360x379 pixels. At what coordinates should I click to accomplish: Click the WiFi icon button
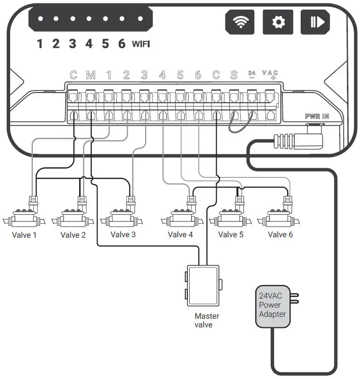click(240, 22)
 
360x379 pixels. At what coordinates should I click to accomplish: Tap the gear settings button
click(277, 22)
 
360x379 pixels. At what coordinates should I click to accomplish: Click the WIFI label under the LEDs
click(141, 44)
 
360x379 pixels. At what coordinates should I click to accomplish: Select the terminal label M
click(91, 75)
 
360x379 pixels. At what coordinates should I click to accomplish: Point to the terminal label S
click(234, 75)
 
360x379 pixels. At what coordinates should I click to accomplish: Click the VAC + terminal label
click(270, 75)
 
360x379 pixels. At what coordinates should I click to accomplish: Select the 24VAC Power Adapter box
click(273, 307)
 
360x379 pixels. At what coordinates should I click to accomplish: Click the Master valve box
click(203, 285)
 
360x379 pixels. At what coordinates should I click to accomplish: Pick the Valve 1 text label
click(24, 235)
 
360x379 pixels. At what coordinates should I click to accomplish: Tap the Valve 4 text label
click(180, 235)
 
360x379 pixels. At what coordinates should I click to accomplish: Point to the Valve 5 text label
click(231, 235)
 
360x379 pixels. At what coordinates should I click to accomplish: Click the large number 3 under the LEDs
click(72, 44)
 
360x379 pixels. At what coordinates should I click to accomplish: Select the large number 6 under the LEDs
click(122, 44)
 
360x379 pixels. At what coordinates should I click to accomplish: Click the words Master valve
click(207, 320)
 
